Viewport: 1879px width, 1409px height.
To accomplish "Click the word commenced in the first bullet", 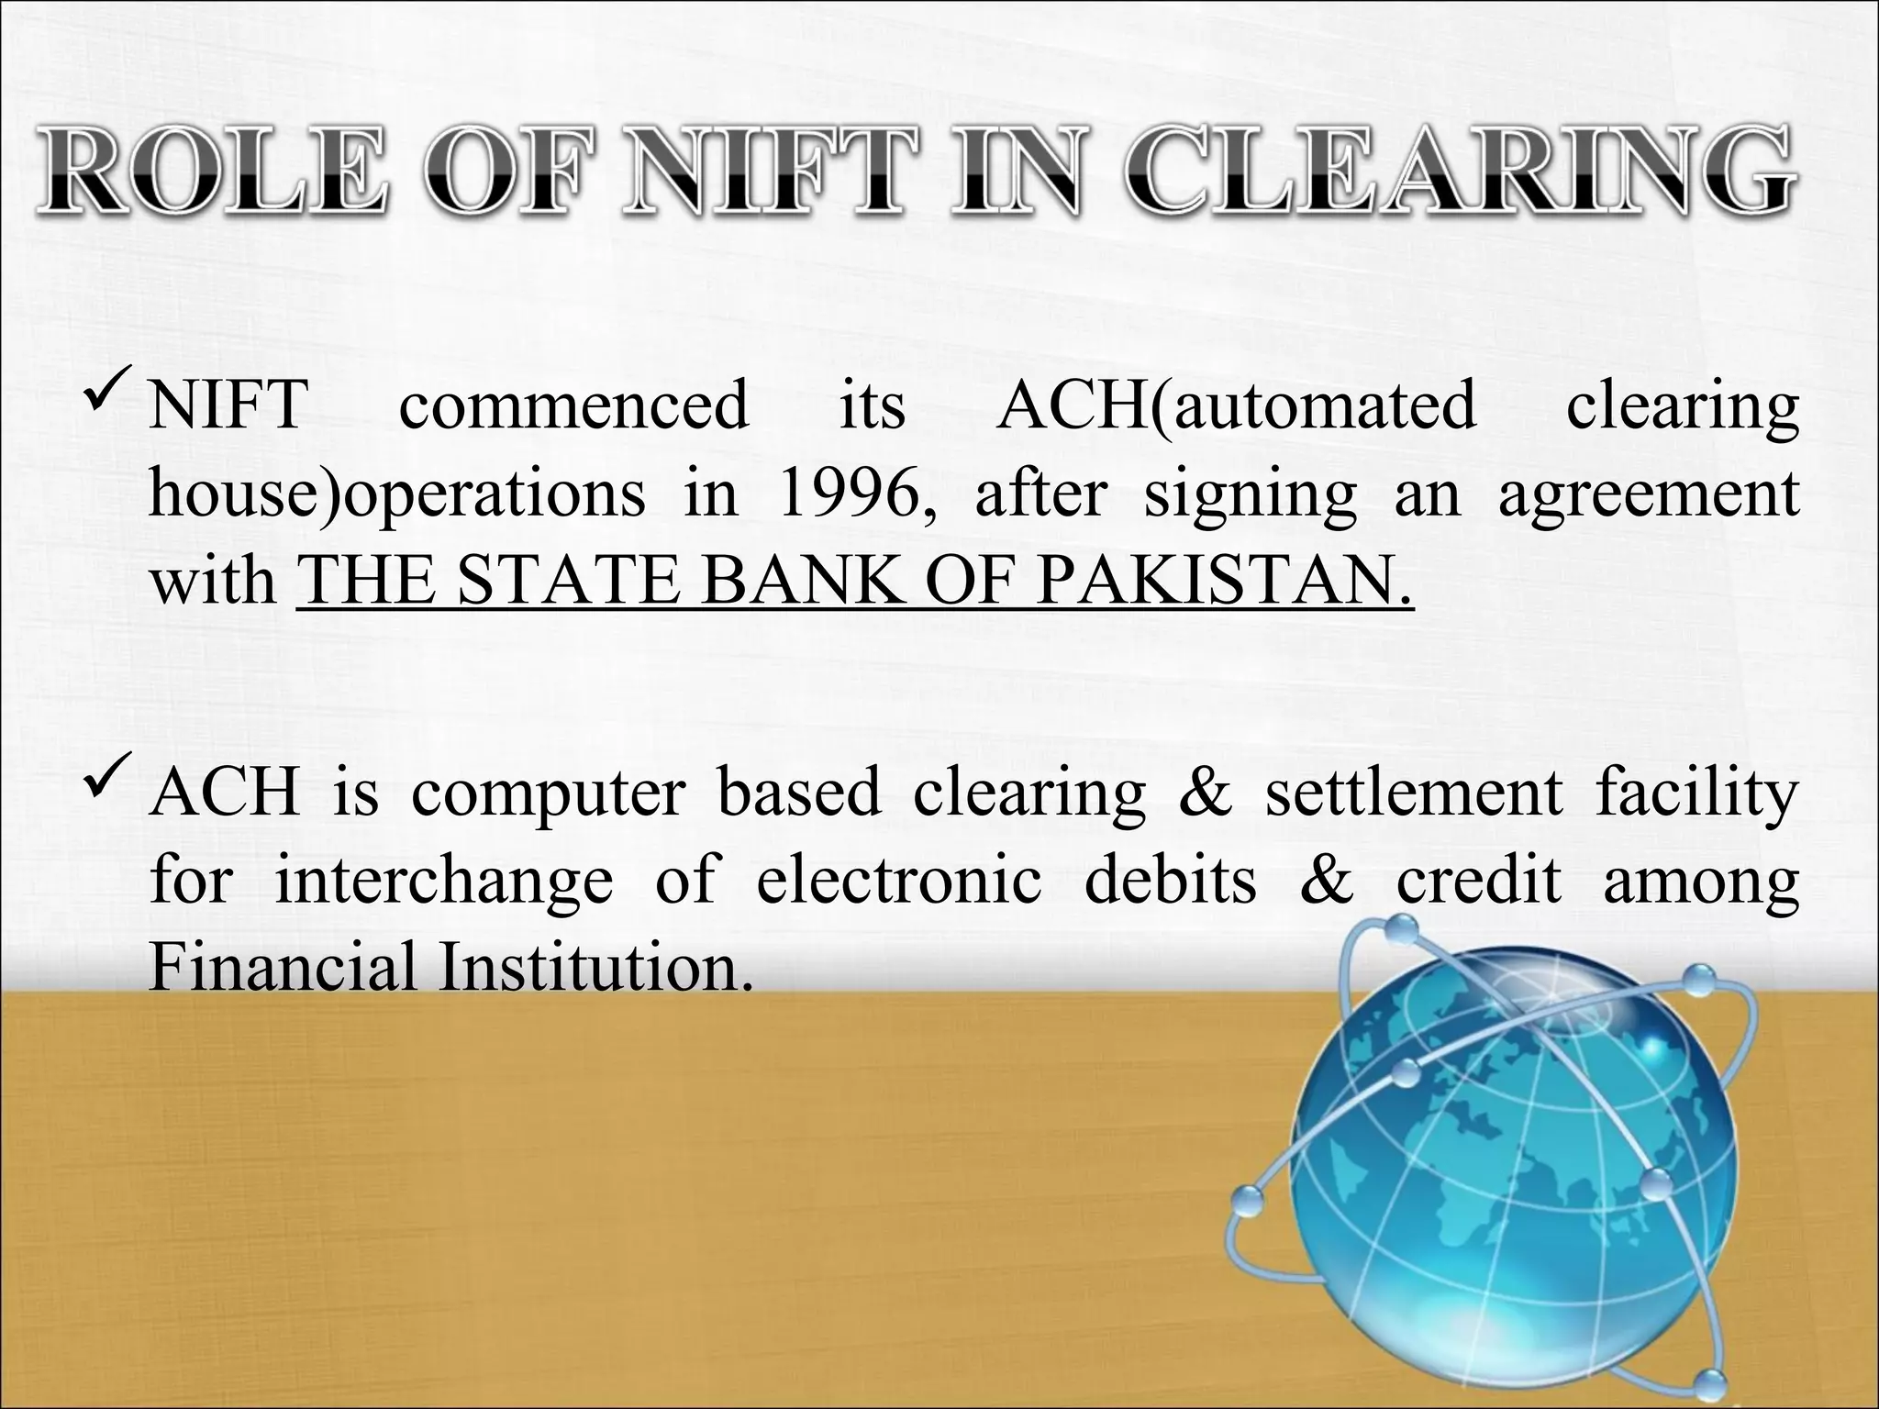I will pyautogui.click(x=573, y=406).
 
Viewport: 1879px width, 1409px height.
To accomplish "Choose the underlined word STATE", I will pyautogui.click(x=569, y=582).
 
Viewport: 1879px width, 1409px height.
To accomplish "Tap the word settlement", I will pyautogui.click(x=1414, y=793).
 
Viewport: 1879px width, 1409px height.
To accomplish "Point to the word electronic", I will pyautogui.click(x=898, y=881).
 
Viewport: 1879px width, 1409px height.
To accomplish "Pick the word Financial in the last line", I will pyautogui.click(x=283, y=968).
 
